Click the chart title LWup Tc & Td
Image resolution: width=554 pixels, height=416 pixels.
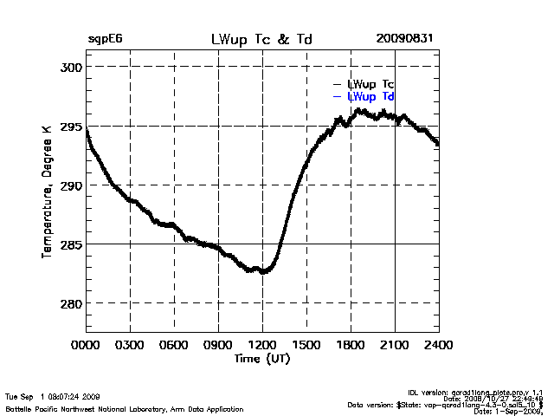[261, 40]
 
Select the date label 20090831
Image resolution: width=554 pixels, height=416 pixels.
[404, 40]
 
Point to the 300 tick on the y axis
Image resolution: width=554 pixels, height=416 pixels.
[71, 67]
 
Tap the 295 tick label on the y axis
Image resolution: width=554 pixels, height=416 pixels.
[71, 127]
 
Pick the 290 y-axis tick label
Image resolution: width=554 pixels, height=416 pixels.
[71, 185]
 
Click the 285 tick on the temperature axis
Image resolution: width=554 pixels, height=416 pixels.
[71, 244]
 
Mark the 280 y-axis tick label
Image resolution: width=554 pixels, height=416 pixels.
[71, 303]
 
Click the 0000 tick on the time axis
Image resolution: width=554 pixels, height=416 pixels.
[87, 345]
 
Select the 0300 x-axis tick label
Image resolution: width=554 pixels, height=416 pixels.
[131, 345]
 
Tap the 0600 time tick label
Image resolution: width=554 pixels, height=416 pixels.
[175, 345]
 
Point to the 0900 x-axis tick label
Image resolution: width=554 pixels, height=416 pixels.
[219, 345]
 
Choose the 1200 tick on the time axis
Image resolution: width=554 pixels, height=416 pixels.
[262, 345]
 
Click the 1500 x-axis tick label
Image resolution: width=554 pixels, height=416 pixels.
[306, 345]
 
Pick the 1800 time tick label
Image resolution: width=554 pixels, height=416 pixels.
[351, 345]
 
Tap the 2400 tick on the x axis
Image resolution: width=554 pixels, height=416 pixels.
[438, 345]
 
